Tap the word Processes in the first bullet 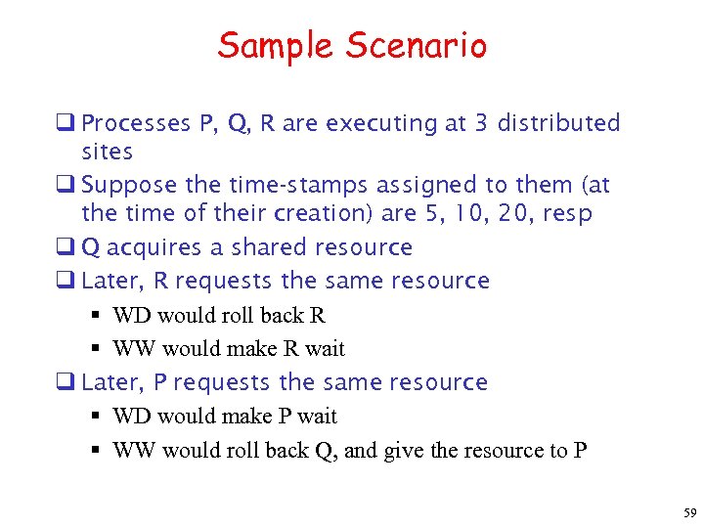[x=137, y=124]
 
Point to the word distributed [x=558, y=124]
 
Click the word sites [x=108, y=153]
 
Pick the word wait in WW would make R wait [x=324, y=349]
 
